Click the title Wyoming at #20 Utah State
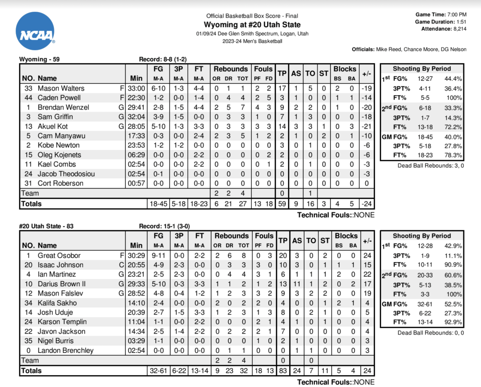pyautogui.click(x=252, y=25)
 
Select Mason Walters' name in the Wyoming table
pyautogui.click(x=61, y=88)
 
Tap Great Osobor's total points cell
pyautogui.click(x=282, y=256)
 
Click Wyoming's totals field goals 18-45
pyautogui.click(x=158, y=204)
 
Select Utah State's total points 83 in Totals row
pyautogui.click(x=282, y=371)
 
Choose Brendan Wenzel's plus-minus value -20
pyautogui.click(x=366, y=107)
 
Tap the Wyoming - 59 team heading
pyautogui.click(x=39, y=60)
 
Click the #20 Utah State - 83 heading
pyautogui.click(x=47, y=226)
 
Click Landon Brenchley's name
pyautogui.click(x=65, y=350)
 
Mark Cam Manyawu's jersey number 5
pyautogui.click(x=29, y=136)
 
